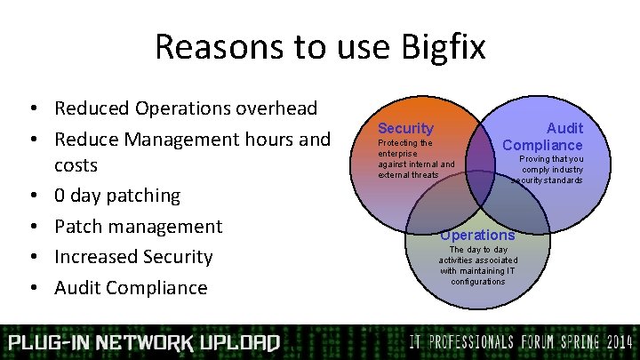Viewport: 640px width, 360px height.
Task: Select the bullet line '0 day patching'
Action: [x=117, y=196]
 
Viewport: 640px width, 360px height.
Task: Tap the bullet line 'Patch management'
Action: [x=138, y=227]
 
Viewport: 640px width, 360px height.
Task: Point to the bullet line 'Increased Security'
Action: [x=133, y=257]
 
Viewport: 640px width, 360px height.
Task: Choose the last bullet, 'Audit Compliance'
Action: [x=131, y=287]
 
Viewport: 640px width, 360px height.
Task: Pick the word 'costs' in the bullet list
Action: [x=76, y=165]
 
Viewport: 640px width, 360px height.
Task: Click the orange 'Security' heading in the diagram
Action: [x=405, y=129]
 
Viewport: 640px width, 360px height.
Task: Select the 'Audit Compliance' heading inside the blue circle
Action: [x=543, y=137]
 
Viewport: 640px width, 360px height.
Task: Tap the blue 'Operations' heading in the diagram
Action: [x=477, y=236]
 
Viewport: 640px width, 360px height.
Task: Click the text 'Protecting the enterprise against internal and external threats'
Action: [x=416, y=158]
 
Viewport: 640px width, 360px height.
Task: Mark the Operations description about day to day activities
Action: [x=478, y=265]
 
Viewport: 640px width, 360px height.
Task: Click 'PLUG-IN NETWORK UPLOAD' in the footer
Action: [x=144, y=343]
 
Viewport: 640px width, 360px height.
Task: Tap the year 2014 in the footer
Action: [x=612, y=342]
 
